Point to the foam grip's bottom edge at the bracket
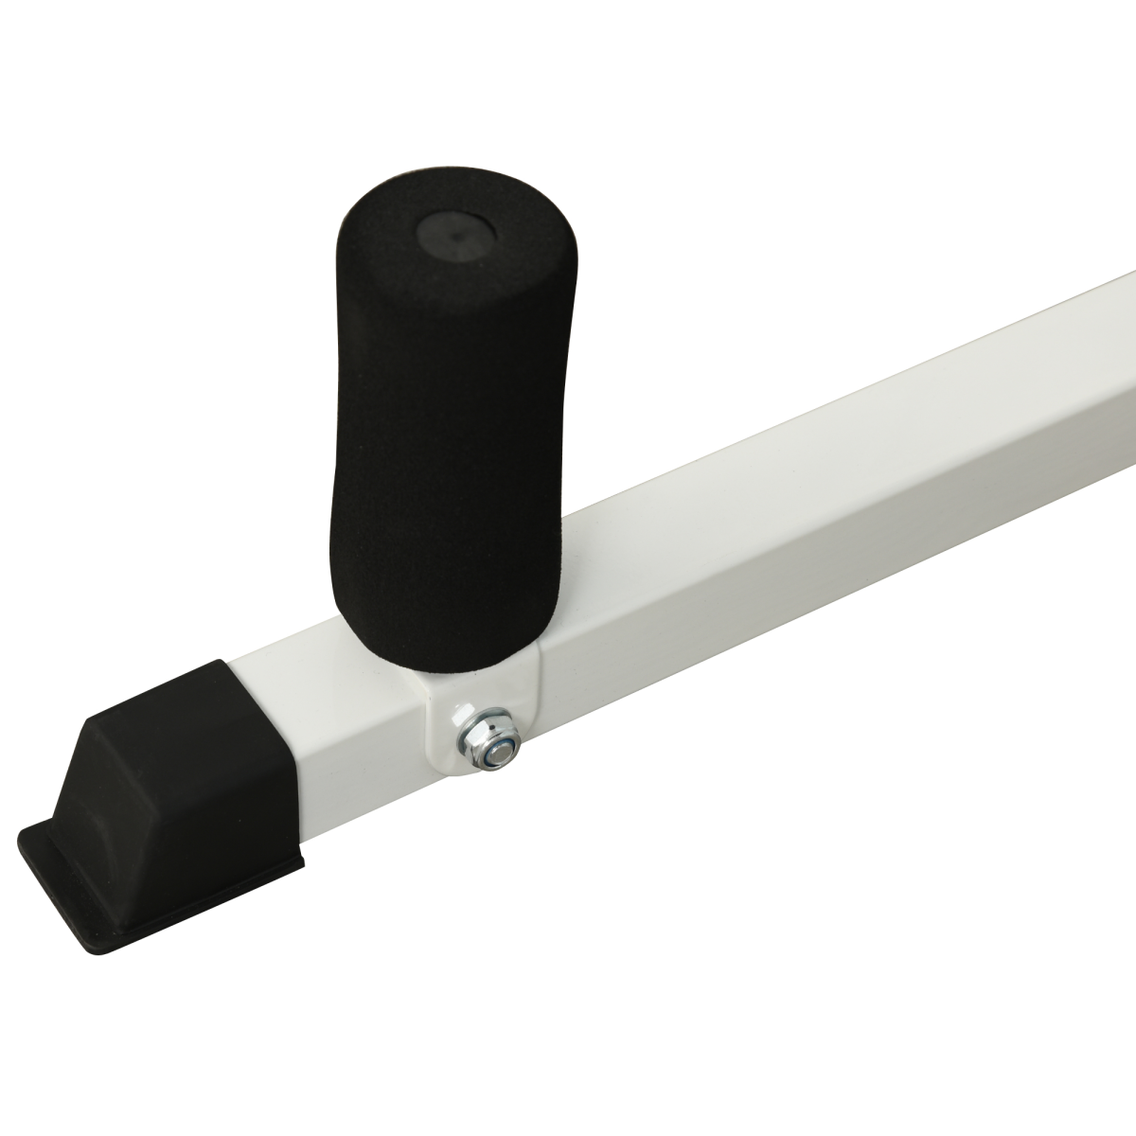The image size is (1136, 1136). pos(445,667)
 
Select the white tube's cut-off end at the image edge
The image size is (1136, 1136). pos(1127,379)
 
